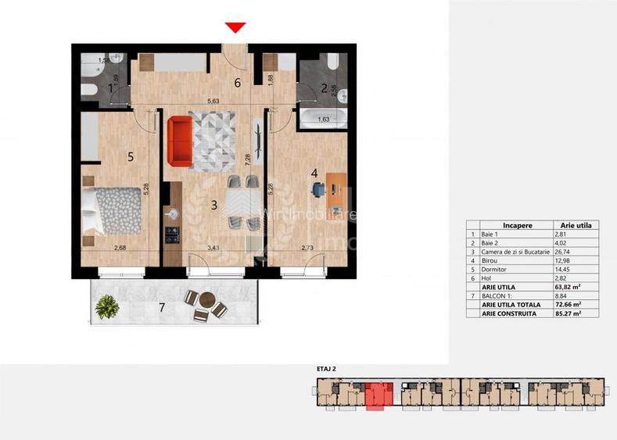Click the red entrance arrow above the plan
pos(235,28)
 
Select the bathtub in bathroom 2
pos(322,120)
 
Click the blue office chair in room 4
pos(318,188)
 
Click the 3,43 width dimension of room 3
pos(212,248)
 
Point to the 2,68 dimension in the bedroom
pos(120,248)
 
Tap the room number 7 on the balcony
pos(162,308)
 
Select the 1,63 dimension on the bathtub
pos(322,120)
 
